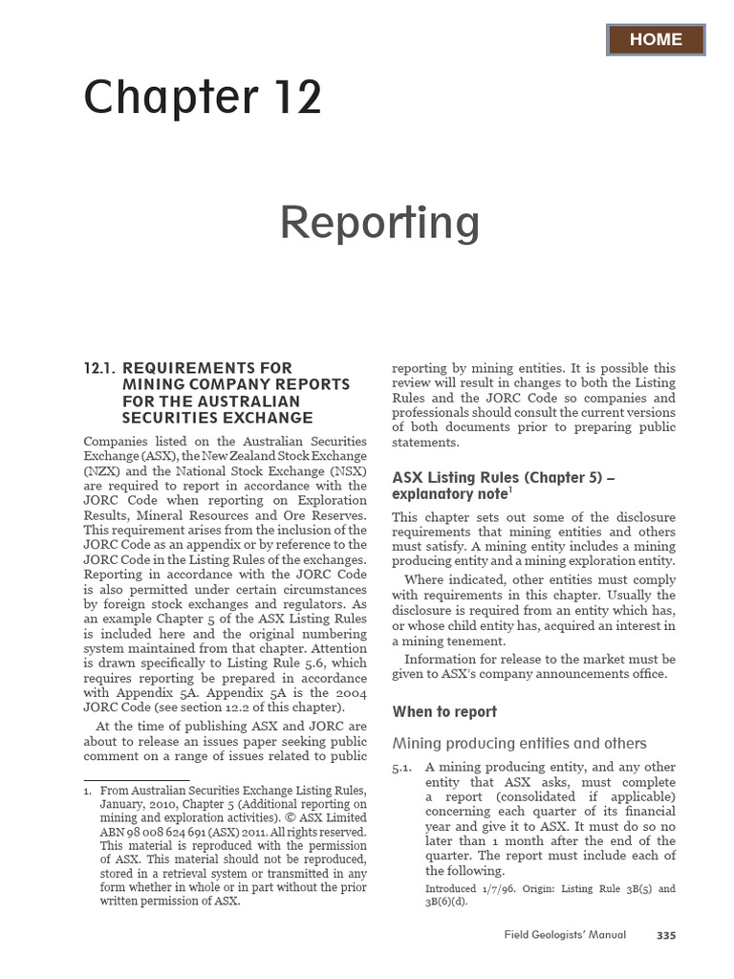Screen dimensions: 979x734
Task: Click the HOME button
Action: [x=656, y=39]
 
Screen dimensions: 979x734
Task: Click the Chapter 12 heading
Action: [x=203, y=98]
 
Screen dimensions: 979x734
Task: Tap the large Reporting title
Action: [x=379, y=223]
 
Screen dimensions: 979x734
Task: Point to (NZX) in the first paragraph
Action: [x=103, y=471]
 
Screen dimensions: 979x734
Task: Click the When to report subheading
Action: [x=444, y=712]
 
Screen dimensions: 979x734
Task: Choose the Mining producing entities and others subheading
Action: [x=519, y=743]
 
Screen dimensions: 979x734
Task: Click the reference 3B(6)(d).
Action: [x=446, y=902]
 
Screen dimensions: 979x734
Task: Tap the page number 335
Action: [x=665, y=935]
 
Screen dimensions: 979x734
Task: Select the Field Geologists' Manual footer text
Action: [x=565, y=935]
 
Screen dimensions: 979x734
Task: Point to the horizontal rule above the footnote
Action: [x=136, y=780]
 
